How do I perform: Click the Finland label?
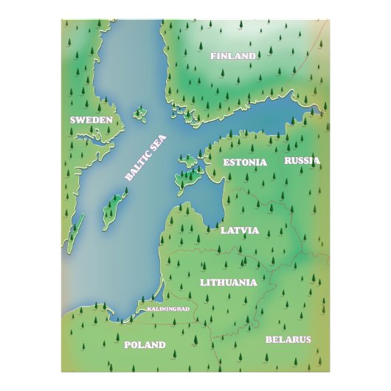pyautogui.click(x=232, y=56)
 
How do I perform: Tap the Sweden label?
pyautogui.click(x=91, y=120)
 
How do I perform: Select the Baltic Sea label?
pyautogui.click(x=146, y=156)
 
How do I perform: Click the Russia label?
pyautogui.click(x=302, y=160)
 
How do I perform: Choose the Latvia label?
pyautogui.click(x=240, y=230)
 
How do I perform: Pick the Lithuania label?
pyautogui.click(x=228, y=282)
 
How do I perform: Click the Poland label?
pyautogui.click(x=145, y=345)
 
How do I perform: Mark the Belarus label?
pyautogui.click(x=288, y=339)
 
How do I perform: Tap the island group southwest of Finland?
pyautogui.click(x=179, y=111)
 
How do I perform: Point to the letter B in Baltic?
pyautogui.click(x=128, y=178)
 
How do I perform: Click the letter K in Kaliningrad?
pyautogui.click(x=148, y=308)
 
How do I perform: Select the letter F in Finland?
pyautogui.click(x=213, y=56)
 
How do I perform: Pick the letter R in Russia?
pyautogui.click(x=288, y=160)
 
